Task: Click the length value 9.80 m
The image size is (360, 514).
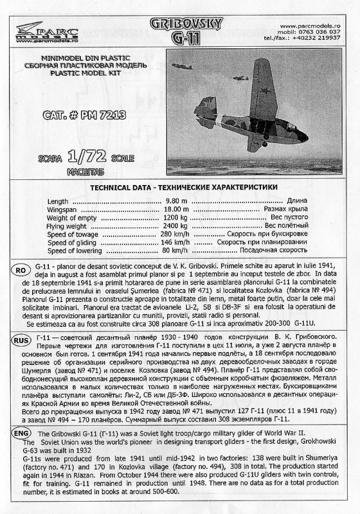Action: (173, 200)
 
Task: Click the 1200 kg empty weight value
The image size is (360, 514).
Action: (173, 217)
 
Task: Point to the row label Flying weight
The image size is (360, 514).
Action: (67, 226)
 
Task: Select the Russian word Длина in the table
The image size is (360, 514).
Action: (296, 200)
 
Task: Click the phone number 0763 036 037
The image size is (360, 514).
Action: (320, 31)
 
